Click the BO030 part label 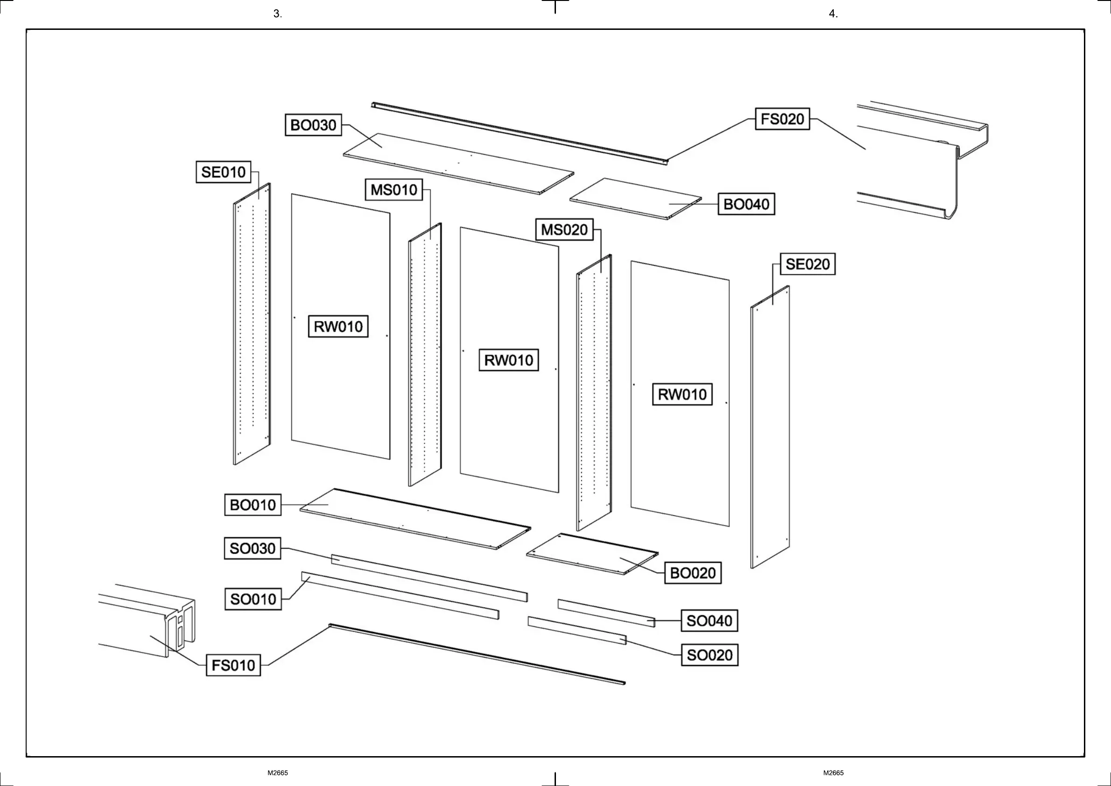click(313, 126)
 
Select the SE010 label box click(223, 172)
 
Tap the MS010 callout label click(394, 189)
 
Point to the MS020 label click(564, 230)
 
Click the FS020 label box click(782, 119)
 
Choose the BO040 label click(746, 204)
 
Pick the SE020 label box click(808, 264)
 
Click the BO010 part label click(253, 505)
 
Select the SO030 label click(252, 549)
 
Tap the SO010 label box click(253, 600)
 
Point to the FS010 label click(233, 666)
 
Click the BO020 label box click(693, 574)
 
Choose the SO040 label click(709, 621)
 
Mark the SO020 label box click(710, 655)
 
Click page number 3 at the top click(277, 14)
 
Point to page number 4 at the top click(833, 14)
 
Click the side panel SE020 click(770, 426)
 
